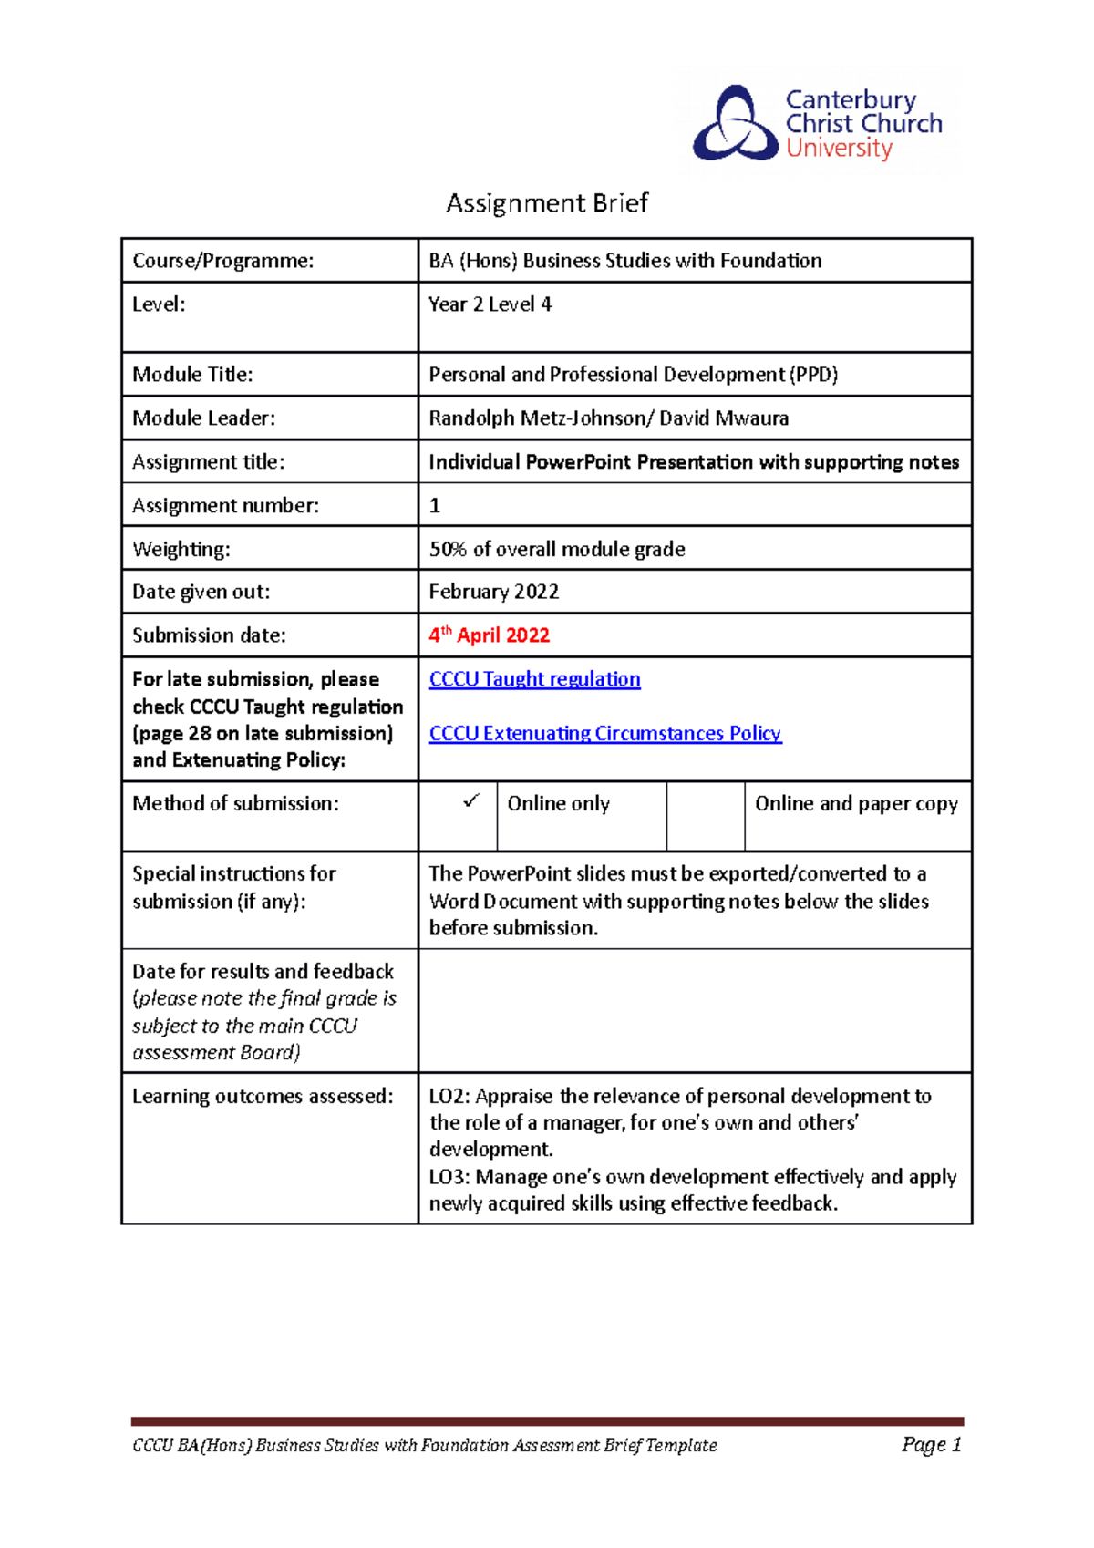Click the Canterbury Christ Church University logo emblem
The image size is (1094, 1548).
point(735,124)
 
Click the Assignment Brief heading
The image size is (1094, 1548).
point(546,202)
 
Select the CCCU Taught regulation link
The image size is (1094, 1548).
point(534,679)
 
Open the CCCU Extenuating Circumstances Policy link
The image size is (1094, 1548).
point(604,733)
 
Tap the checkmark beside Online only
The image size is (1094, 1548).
point(470,801)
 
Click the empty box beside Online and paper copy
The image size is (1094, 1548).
point(705,815)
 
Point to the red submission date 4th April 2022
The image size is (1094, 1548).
point(490,635)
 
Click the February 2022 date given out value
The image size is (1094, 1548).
point(493,592)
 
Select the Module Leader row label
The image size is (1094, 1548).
point(203,418)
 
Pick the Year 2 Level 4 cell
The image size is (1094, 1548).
point(490,304)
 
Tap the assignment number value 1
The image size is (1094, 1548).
point(435,506)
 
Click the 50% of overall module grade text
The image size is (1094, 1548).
point(557,549)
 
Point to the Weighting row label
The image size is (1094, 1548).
point(181,549)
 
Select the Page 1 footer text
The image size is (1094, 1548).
point(931,1444)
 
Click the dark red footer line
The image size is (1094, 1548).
point(547,1421)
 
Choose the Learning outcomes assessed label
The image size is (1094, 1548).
point(263,1096)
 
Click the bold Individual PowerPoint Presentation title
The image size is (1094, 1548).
point(693,462)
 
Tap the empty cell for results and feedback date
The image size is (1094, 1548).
point(694,1010)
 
